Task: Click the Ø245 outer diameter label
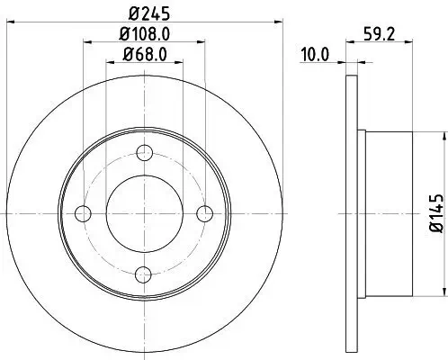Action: point(144,13)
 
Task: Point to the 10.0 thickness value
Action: point(313,54)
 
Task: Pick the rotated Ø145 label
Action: point(434,213)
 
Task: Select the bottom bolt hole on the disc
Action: point(144,274)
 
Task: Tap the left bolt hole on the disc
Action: point(84,213)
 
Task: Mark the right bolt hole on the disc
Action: point(204,213)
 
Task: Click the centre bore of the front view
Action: point(144,213)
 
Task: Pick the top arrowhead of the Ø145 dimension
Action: point(443,135)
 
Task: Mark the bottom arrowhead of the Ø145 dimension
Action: point(443,292)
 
